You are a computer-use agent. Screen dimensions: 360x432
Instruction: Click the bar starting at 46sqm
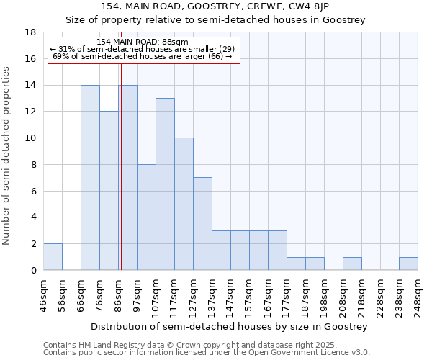53,257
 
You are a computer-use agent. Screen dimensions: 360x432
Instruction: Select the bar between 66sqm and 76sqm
90,178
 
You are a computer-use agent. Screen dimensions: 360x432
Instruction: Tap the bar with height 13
165,184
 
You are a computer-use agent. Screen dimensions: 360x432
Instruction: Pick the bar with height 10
184,204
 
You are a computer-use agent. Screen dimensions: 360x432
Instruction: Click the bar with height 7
202,224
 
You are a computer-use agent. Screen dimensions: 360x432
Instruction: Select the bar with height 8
146,217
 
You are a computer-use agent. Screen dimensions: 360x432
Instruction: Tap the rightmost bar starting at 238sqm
408,264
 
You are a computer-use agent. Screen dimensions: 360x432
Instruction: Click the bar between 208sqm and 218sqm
352,264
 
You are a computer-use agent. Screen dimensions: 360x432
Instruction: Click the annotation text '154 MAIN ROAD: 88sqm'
142,42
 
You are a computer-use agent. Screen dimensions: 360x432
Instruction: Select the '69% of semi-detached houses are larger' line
142,56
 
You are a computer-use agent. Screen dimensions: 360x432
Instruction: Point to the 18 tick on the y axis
31,32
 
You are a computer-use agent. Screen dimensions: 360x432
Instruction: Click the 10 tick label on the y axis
31,138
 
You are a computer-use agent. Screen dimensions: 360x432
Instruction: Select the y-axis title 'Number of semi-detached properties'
7,156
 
